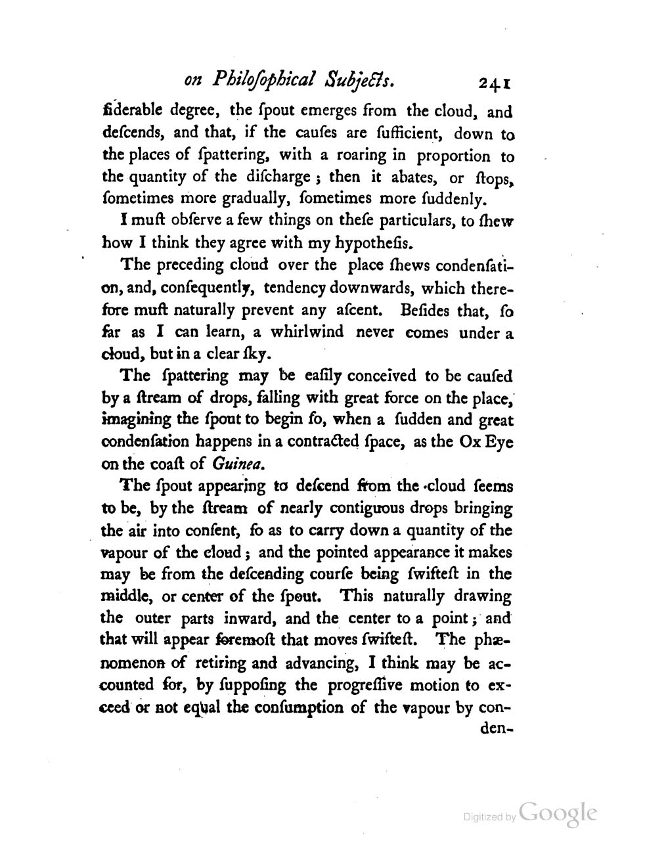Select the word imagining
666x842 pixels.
click(137, 420)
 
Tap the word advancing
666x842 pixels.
click(307, 663)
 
